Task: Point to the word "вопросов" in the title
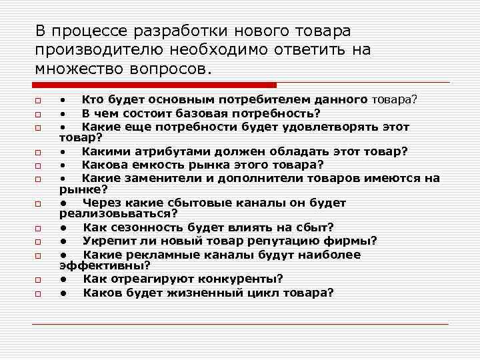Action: [172, 69]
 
